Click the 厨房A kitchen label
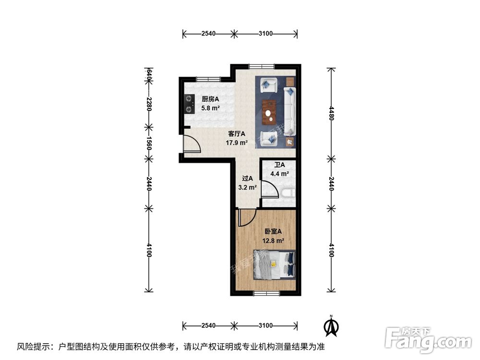pyautogui.click(x=210, y=99)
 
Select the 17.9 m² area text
pyautogui.click(x=237, y=143)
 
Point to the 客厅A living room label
pyautogui.click(x=237, y=134)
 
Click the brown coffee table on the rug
pyautogui.click(x=269, y=111)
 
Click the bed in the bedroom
pyautogui.click(x=274, y=264)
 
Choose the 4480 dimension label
pyautogui.click(x=330, y=113)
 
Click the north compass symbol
pyautogui.click(x=330, y=326)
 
